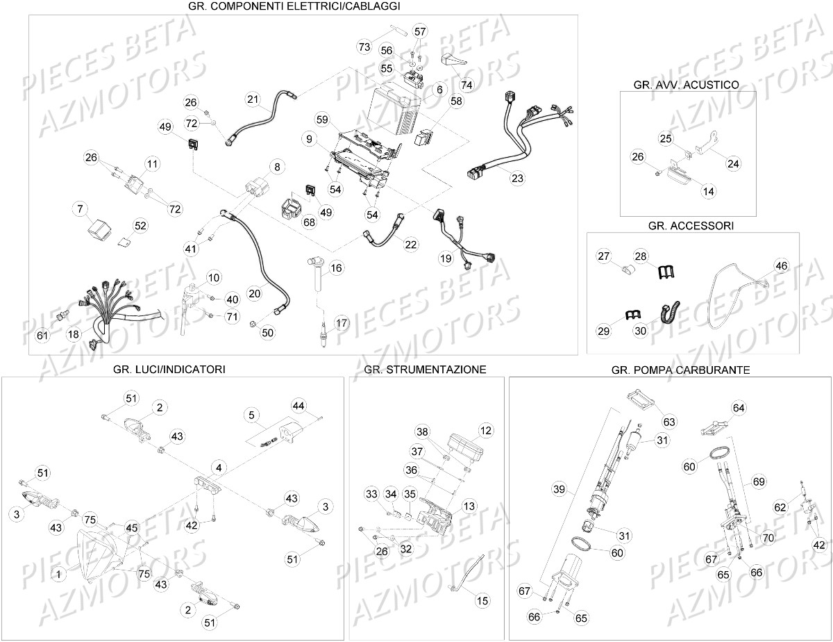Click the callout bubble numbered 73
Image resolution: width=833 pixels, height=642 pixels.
click(x=364, y=47)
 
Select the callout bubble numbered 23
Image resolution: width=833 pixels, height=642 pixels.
click(x=517, y=179)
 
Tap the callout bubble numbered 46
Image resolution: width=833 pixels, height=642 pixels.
click(x=781, y=266)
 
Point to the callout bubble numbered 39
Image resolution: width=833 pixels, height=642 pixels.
click(x=559, y=489)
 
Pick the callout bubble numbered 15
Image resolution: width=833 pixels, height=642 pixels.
click(x=482, y=600)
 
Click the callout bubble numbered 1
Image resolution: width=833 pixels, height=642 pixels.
click(x=58, y=575)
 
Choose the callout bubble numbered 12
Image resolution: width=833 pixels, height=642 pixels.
click(x=486, y=431)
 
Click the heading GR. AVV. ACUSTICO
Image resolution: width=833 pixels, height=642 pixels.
click(x=686, y=85)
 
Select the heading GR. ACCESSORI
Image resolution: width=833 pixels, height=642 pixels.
click(x=691, y=226)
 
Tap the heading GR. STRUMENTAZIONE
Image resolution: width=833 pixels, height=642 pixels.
click(x=425, y=370)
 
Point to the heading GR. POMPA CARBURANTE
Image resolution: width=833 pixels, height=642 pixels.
click(x=680, y=370)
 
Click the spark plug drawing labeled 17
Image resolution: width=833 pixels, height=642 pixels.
click(x=324, y=334)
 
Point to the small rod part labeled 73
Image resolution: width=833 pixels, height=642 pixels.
click(x=398, y=30)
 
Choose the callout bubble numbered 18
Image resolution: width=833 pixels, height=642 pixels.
click(x=73, y=334)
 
